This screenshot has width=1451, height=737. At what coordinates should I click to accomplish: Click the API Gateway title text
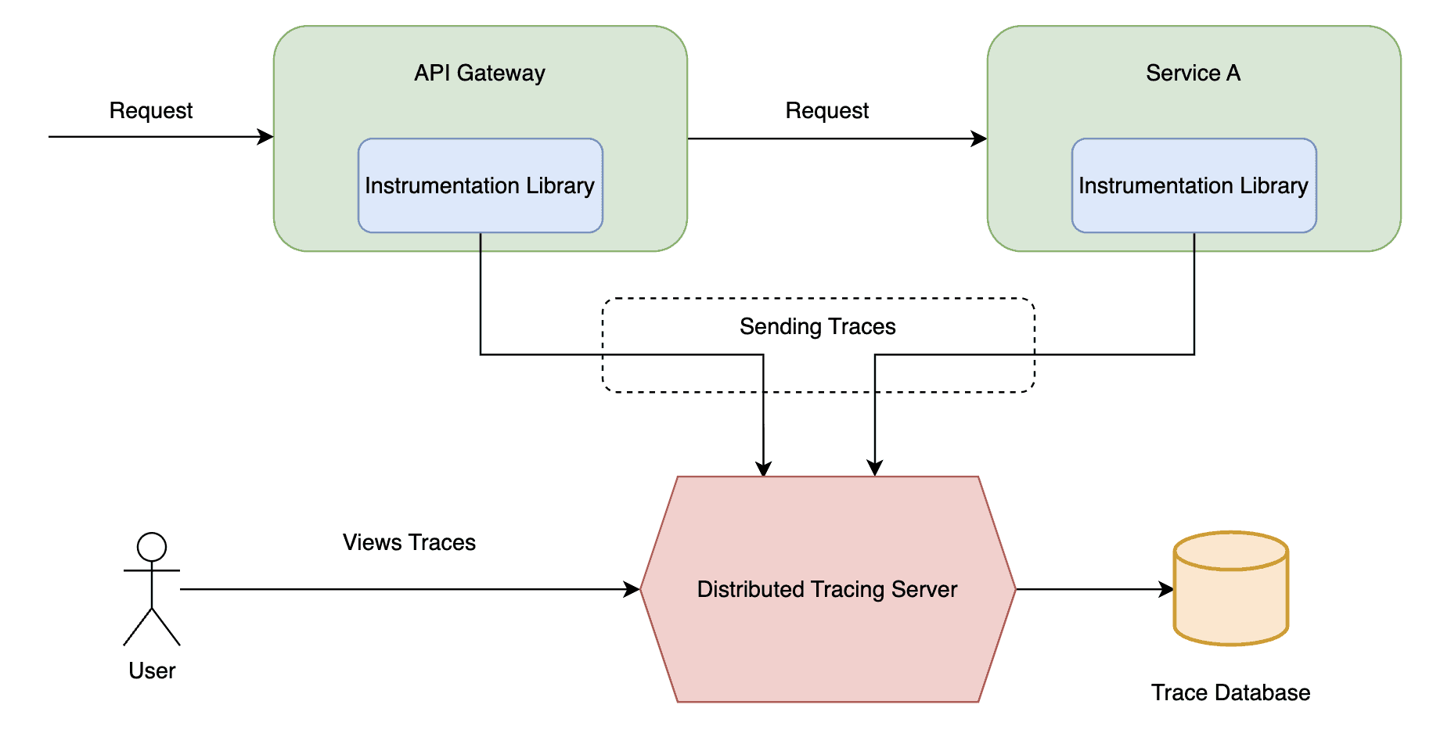479,73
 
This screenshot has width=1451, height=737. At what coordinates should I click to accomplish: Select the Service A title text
1193,73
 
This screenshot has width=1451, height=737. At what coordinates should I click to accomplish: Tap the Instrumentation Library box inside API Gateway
480,185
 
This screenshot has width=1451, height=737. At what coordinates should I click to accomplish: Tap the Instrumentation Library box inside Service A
1193,185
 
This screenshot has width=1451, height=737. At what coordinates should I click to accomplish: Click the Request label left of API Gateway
150,110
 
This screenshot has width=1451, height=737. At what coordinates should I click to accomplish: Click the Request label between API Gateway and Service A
826,110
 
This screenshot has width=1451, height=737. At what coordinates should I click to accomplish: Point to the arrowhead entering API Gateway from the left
266,137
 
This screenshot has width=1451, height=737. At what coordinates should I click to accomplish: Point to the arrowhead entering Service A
979,138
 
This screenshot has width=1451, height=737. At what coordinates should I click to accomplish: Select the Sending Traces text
817,326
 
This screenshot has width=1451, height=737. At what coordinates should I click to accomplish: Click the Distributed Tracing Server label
826,589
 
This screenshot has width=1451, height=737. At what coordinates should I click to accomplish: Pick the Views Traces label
409,542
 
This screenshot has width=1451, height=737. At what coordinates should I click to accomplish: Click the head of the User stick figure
152,547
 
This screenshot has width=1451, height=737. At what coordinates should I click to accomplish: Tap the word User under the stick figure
152,670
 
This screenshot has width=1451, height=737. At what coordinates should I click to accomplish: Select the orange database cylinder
1230,595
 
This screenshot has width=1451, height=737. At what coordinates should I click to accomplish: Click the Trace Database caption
1230,692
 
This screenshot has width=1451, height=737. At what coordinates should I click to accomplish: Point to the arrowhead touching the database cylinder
1166,589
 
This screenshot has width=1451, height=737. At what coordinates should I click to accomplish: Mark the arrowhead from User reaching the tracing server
632,589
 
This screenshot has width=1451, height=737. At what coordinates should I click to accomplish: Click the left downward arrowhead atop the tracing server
764,469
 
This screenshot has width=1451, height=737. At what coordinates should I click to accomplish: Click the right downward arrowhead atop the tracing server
875,469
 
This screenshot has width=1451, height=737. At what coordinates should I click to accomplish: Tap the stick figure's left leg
138,627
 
